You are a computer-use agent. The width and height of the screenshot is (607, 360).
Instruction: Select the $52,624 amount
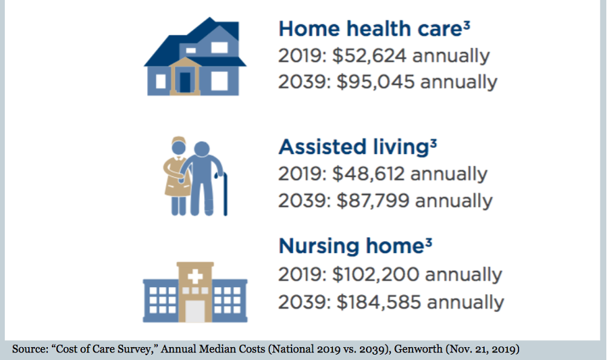point(369,55)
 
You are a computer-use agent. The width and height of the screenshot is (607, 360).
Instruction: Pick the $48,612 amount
point(368,174)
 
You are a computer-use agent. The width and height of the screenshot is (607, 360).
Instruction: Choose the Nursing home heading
point(350,247)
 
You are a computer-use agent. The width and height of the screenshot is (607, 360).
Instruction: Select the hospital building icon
point(194,292)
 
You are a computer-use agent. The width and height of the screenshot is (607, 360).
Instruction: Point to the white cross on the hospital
point(195,276)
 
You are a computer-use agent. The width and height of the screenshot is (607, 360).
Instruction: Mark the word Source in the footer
point(30,349)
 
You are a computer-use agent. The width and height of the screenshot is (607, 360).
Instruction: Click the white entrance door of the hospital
point(195,311)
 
